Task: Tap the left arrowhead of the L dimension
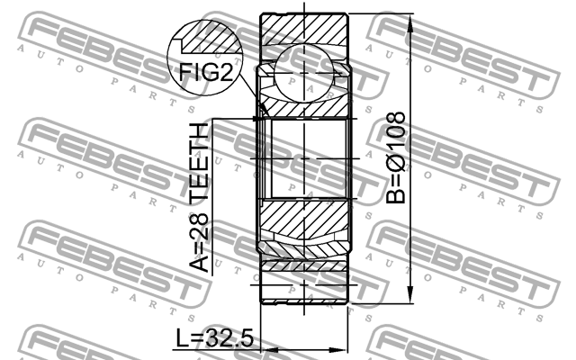pos(263,350)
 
